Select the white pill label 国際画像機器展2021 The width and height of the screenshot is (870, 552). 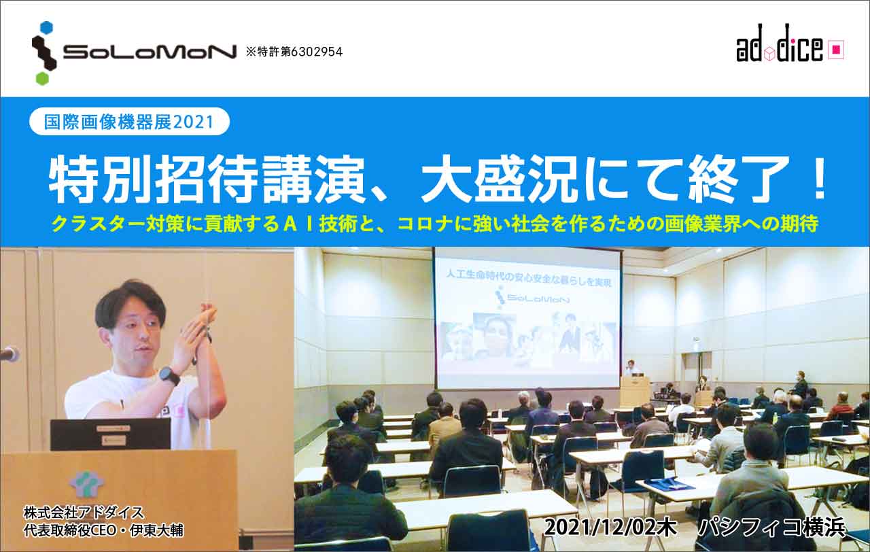129,122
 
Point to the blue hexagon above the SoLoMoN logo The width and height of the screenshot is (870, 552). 47,29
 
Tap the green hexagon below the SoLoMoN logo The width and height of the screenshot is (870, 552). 42,78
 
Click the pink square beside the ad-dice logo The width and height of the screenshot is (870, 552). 836,50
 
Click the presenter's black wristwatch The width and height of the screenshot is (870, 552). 169,377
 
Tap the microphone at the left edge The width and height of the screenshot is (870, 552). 9,353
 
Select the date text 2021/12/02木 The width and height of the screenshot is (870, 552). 610,528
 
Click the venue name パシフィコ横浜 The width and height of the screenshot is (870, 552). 771,528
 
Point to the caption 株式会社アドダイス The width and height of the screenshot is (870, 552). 84,513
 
